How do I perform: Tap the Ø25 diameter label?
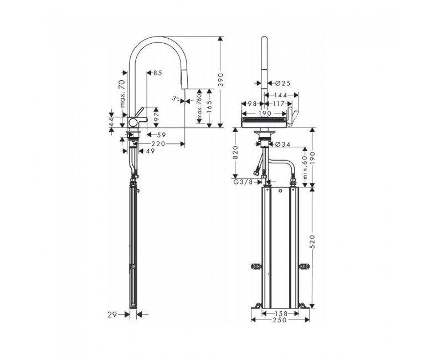pyautogui.click(x=282, y=83)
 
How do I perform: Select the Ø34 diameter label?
pyautogui.click(x=282, y=144)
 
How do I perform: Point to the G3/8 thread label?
pyautogui.click(x=244, y=182)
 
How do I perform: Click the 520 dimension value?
pyautogui.click(x=312, y=241)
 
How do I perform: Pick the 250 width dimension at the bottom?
pyautogui.click(x=280, y=320)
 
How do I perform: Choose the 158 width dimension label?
pyautogui.click(x=281, y=313)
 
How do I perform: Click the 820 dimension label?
pyautogui.click(x=235, y=153)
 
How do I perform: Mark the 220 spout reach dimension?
pyautogui.click(x=158, y=144)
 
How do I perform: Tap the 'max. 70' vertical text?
pyautogui.click(x=122, y=94)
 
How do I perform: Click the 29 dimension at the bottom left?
pyautogui.click(x=112, y=315)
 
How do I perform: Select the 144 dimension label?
pyautogui.click(x=280, y=95)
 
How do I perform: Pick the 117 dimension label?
pyautogui.click(x=279, y=104)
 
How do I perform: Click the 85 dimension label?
pyautogui.click(x=158, y=73)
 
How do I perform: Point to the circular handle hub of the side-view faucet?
pyautogui.click(x=133, y=122)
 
